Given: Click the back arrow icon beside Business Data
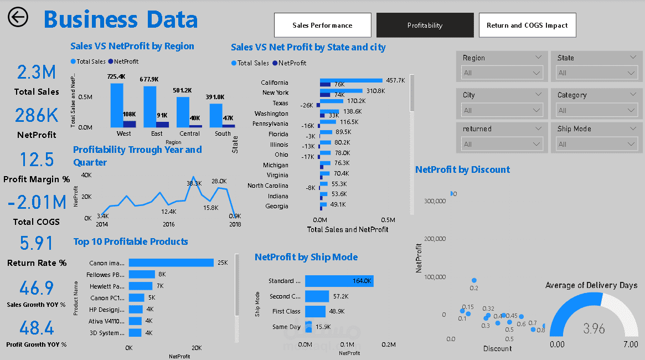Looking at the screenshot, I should tap(18, 17).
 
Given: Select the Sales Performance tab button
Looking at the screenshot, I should tap(322, 25).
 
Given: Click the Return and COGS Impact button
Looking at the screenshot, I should tap(527, 25).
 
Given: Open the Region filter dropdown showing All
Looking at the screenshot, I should tap(502, 73).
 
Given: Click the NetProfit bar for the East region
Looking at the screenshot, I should tap(162, 125).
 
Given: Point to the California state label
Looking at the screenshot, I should tap(275, 83).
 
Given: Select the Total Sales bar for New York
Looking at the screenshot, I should tap(341, 90).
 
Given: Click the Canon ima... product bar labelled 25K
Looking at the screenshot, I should tap(171, 263).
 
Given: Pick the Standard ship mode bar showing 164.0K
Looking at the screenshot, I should tap(339, 281).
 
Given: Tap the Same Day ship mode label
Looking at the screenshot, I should tap(287, 327).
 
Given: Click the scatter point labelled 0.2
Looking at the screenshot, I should tap(474, 281).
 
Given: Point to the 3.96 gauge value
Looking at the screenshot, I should tap(594, 329).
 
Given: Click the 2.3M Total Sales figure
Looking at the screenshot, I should tap(37, 72).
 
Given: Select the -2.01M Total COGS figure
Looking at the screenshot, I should tap(37, 203).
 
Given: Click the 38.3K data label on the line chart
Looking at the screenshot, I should tap(194, 183).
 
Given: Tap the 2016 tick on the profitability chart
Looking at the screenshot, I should tap(169, 224).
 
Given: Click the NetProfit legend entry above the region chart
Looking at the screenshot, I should tap(123, 61).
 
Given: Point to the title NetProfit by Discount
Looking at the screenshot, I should tap(462, 169).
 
